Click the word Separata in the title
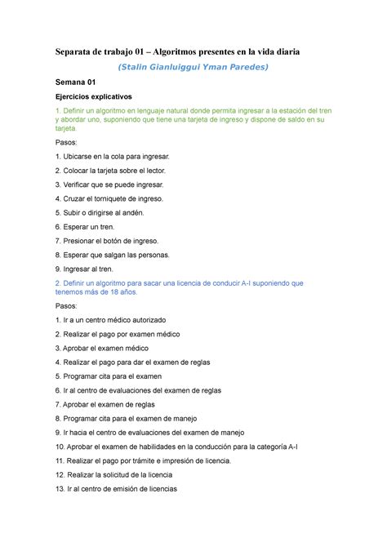click(x=79, y=51)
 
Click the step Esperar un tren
click(x=91, y=226)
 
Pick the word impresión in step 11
click(x=184, y=460)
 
